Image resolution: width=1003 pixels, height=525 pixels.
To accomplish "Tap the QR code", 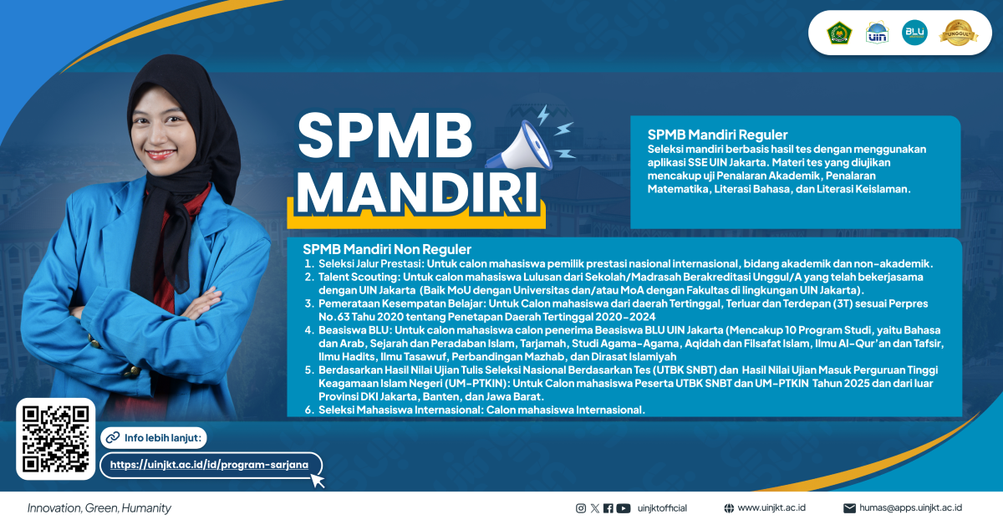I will pos(55,439).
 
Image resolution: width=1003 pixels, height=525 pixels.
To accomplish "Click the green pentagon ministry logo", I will pos(838,33).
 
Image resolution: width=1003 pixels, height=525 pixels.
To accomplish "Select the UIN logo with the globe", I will pos(877,33).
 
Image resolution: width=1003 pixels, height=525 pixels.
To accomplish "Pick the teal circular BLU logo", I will pos(914,33).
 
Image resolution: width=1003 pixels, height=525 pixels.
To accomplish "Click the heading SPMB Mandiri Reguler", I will pos(718,135).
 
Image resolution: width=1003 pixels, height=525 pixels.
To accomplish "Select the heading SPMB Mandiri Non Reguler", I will pos(387,249).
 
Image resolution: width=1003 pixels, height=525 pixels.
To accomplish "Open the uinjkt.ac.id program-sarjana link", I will pos(209,465).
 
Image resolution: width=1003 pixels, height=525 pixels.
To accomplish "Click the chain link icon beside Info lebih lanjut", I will pos(111,437).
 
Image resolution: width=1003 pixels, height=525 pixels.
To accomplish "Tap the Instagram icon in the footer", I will pos(581,507).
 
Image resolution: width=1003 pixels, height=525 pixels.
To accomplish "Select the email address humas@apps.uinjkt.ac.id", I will pos(910,507).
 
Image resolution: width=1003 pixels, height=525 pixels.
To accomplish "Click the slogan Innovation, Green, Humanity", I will pos(99,507).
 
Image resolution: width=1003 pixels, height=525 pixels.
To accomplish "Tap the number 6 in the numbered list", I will pos(308,410).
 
